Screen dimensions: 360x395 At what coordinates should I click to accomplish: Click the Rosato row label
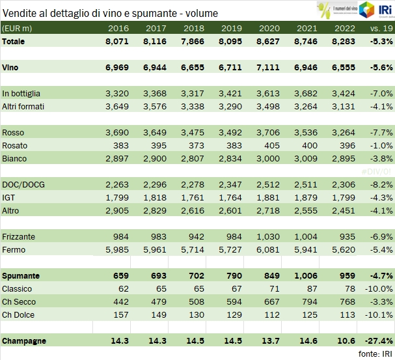click(15, 145)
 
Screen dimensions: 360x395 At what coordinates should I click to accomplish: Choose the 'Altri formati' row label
click(24, 106)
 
